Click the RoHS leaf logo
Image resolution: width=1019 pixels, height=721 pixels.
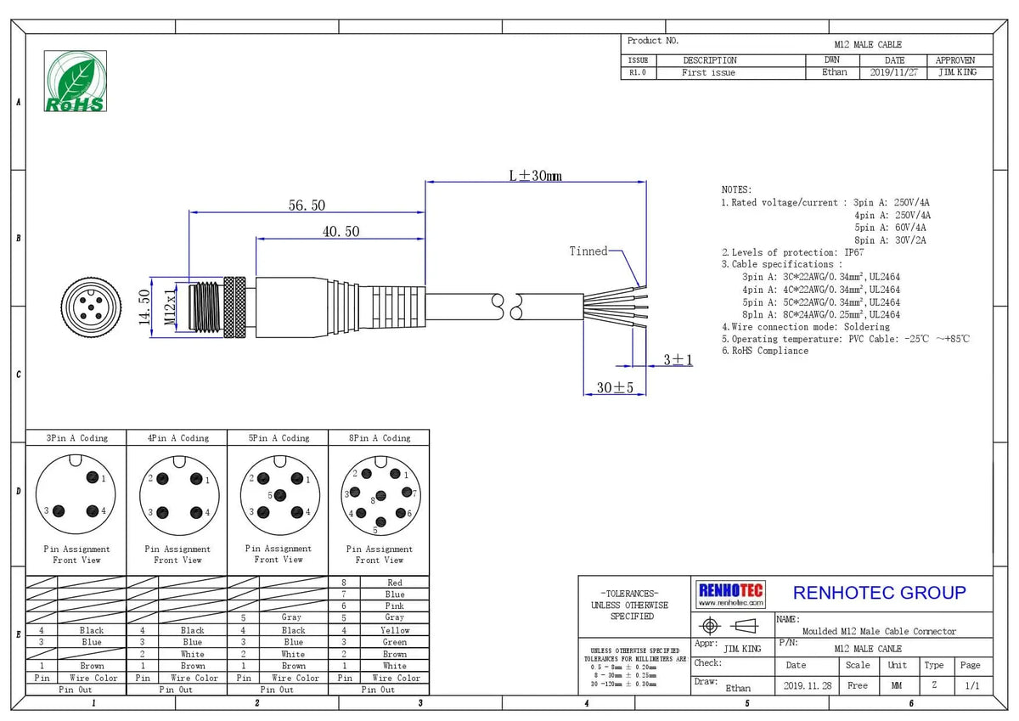76,81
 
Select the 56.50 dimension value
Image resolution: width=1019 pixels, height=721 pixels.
307,206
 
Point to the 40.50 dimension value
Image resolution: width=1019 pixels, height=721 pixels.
341,232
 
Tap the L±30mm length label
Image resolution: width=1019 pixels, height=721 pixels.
536,176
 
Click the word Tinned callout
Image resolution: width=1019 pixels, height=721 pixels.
588,251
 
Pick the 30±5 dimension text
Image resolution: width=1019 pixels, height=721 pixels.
615,387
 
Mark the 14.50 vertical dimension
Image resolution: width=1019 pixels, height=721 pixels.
144,307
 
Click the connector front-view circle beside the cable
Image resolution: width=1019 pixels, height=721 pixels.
92,307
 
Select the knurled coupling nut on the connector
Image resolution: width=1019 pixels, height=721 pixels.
234,307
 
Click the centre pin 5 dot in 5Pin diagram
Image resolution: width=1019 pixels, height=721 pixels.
280,495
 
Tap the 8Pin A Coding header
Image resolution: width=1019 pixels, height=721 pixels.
380,438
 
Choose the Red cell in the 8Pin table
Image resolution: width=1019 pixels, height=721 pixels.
395,583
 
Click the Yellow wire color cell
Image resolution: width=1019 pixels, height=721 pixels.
395,630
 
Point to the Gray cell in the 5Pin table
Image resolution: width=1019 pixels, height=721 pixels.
291,617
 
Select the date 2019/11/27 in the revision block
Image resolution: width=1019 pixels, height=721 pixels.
894,72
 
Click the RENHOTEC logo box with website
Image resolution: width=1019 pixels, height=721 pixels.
730,594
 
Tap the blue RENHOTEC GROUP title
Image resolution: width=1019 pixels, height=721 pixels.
880,593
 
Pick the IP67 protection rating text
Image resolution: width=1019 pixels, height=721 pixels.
854,252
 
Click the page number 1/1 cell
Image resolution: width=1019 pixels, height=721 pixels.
972,685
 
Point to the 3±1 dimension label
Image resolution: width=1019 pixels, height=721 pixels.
678,360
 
